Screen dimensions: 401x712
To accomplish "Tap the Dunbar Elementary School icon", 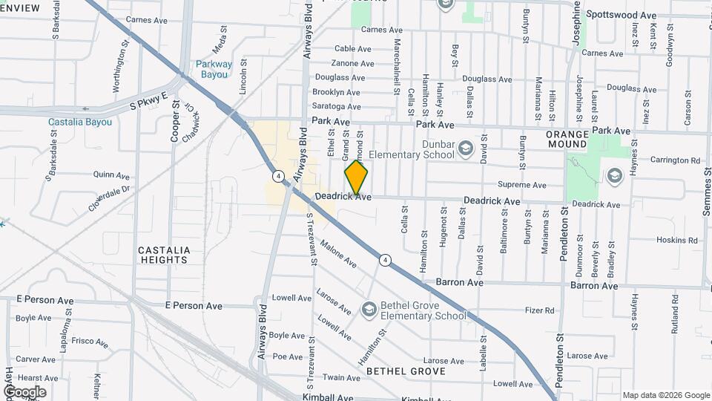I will click(465, 148).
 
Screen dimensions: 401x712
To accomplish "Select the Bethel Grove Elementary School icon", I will click(369, 309).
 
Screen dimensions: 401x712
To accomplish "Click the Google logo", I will click(24, 391).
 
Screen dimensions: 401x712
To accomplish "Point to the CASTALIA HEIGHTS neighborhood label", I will click(164, 255).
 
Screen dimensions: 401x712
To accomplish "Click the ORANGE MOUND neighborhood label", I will click(567, 139).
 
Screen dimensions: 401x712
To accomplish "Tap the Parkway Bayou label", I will click(214, 69).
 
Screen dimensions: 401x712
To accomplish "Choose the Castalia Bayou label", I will click(80, 122).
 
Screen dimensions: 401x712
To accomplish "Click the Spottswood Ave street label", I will click(621, 15).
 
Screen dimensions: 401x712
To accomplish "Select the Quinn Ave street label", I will click(112, 176).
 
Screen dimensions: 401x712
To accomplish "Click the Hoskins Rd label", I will click(679, 240).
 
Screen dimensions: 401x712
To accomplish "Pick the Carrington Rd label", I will click(675, 160).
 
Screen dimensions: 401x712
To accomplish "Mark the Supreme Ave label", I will click(522, 185).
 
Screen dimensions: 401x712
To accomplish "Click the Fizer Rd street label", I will click(540, 310).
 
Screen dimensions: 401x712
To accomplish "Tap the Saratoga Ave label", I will click(336, 107).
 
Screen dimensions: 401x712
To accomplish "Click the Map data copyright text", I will click(665, 395).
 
